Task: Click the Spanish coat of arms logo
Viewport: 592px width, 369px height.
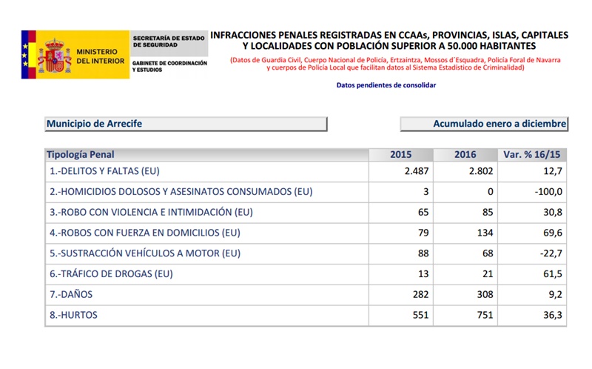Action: pos(54,56)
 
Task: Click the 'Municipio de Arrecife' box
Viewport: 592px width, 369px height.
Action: pos(185,124)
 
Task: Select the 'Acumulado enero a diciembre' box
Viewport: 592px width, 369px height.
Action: pos(484,124)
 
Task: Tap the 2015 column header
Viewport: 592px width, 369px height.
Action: pos(400,155)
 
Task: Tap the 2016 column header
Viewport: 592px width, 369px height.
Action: pos(465,155)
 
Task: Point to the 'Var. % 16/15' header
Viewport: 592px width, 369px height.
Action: pos(532,155)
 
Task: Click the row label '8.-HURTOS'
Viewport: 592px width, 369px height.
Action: pos(73,315)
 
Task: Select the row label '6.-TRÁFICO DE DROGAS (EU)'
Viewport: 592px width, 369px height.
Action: pos(111,274)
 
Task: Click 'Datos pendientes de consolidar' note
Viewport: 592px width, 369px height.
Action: pos(386,85)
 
